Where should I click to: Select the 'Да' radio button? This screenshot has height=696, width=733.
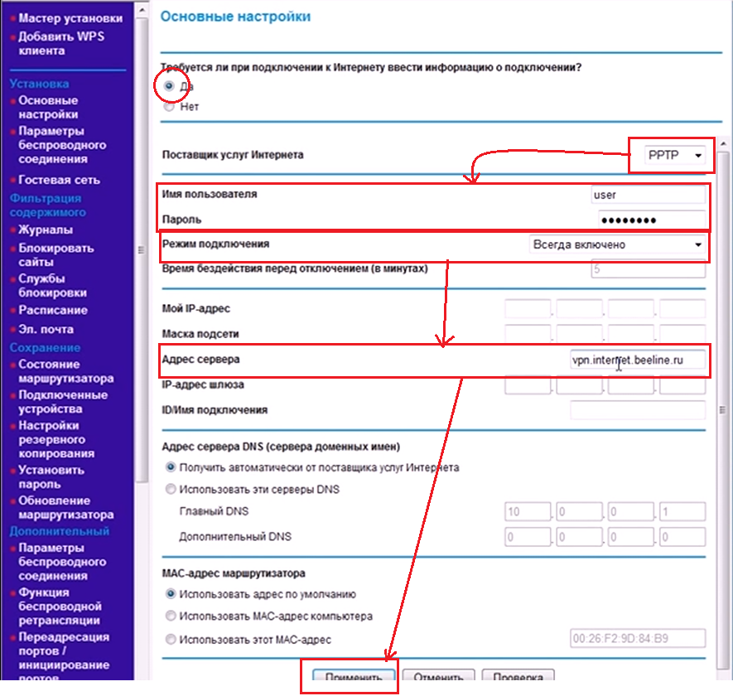click(169, 85)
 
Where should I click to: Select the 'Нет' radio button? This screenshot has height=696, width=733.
click(169, 107)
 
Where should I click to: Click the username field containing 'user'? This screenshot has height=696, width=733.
click(647, 195)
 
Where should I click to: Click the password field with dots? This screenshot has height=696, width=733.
click(651, 220)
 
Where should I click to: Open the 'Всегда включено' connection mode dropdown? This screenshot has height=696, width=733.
click(617, 244)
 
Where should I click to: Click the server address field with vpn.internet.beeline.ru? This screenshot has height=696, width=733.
click(637, 360)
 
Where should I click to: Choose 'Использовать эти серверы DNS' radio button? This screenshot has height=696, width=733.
click(171, 489)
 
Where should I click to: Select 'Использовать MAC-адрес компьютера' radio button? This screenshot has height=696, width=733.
click(171, 616)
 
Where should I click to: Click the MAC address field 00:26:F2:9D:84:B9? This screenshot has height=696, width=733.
click(637, 639)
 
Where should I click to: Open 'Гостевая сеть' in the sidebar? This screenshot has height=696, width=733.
click(59, 180)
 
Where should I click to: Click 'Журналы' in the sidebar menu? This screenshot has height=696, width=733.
click(46, 230)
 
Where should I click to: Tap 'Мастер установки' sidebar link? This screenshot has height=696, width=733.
click(70, 17)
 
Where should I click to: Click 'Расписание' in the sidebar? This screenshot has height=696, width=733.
click(53, 310)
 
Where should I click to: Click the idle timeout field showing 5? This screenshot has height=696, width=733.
click(648, 269)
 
